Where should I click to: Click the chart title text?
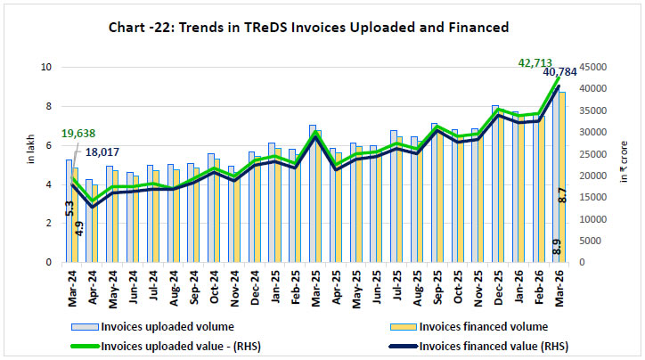click(322, 28)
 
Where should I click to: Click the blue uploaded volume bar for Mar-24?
click(69, 210)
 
